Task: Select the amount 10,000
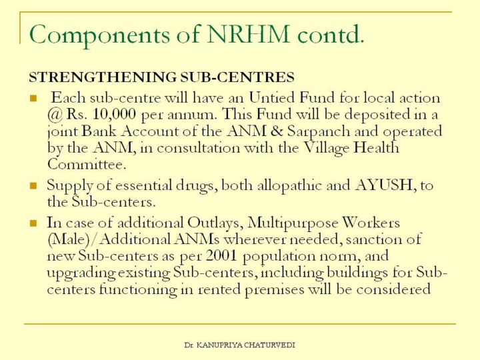[111, 114]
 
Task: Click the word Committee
[86, 164]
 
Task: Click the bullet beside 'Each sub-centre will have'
[33, 99]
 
